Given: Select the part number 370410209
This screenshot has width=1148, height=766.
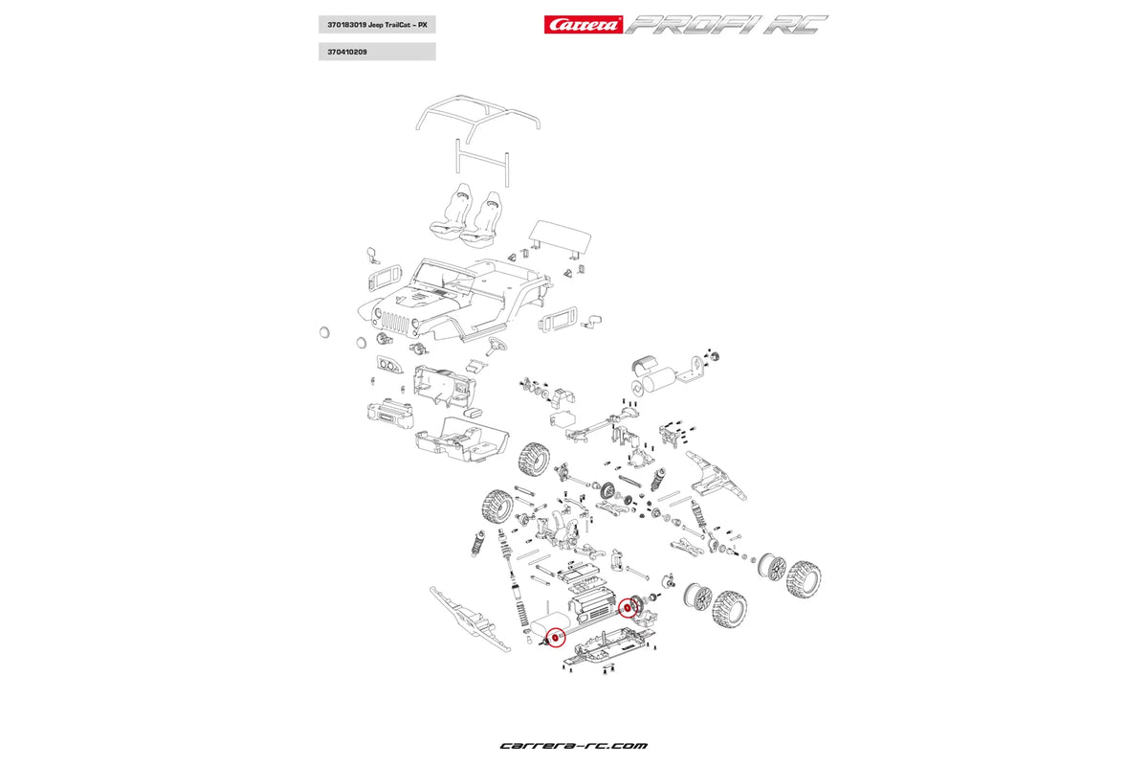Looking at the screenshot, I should [342, 52].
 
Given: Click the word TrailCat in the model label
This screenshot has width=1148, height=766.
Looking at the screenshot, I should [398, 25].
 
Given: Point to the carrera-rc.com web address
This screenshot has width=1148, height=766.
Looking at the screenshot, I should [574, 745].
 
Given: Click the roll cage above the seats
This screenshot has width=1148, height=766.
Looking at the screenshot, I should [478, 113].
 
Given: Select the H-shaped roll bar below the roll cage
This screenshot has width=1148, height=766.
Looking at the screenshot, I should [481, 163].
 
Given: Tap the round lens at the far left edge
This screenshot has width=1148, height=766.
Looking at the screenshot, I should [324, 331].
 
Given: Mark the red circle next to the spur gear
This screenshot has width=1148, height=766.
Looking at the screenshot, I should [628, 607].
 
